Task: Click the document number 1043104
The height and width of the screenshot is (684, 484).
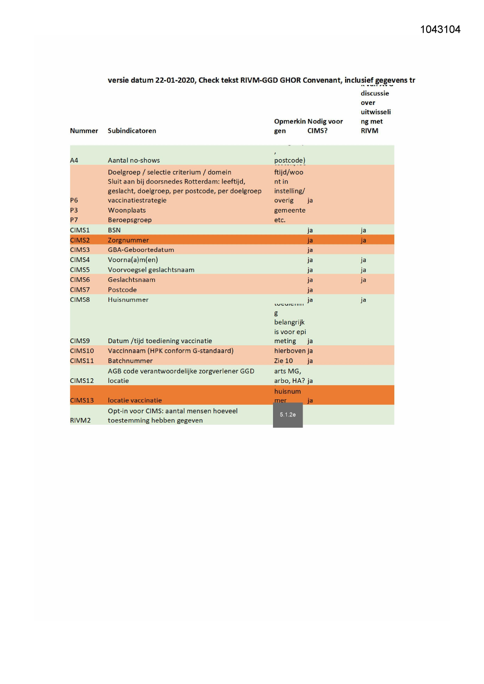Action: [x=440, y=30]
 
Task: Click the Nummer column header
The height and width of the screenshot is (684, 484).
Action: [x=84, y=131]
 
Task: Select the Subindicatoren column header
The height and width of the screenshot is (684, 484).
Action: [x=132, y=131]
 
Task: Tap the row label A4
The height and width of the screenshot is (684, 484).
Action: [x=74, y=160]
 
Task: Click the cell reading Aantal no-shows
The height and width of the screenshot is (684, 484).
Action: [x=134, y=160]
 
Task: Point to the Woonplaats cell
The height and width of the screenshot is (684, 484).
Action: [x=127, y=210]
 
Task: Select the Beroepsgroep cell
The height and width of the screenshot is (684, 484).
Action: [x=129, y=220]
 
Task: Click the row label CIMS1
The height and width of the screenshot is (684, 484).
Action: [x=80, y=230]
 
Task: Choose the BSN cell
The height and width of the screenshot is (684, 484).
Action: [x=114, y=230]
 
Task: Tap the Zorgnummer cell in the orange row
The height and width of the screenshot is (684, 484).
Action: [x=128, y=240]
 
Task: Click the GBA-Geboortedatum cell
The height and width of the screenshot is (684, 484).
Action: [x=141, y=250]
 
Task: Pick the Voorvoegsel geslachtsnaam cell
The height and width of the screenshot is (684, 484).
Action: [x=151, y=270]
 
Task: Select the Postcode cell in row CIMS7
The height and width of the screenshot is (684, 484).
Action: [x=122, y=290]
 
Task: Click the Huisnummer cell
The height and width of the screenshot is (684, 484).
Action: [x=128, y=300]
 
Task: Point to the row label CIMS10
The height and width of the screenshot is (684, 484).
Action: [x=82, y=351]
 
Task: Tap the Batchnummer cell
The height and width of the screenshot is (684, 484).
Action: [x=130, y=361]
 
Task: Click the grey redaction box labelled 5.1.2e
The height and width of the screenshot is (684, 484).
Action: [x=288, y=415]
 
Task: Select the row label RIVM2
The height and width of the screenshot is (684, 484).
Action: [x=80, y=420]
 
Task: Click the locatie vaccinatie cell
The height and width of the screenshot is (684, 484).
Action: [x=135, y=400]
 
